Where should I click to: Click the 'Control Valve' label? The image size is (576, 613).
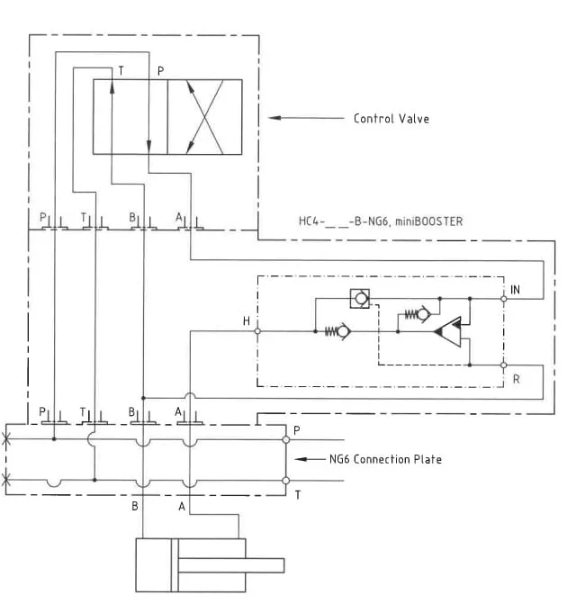pos(391,119)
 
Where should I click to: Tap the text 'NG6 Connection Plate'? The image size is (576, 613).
pos(385,459)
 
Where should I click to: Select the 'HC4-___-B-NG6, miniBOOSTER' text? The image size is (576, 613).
pos(381,221)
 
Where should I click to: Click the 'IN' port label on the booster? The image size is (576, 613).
pos(515,289)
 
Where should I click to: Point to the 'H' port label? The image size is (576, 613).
pos(247,321)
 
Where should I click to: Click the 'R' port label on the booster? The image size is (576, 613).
pos(516,379)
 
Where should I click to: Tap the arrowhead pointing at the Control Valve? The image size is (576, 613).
pos(275,118)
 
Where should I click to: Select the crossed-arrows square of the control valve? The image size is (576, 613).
pos(205,117)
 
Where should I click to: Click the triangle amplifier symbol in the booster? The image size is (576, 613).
pos(448,332)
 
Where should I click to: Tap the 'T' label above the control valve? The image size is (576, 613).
pos(121,70)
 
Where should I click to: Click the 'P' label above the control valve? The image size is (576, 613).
pos(160,70)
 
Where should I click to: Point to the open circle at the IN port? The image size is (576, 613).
pos(504,298)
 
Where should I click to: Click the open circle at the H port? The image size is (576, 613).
pos(258,331)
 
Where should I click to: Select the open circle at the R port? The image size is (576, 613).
pos(504,365)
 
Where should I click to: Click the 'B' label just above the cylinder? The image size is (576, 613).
pos(136,506)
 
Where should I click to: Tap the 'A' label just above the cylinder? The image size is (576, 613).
pos(182,506)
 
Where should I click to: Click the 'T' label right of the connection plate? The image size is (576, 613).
pos(298,494)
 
